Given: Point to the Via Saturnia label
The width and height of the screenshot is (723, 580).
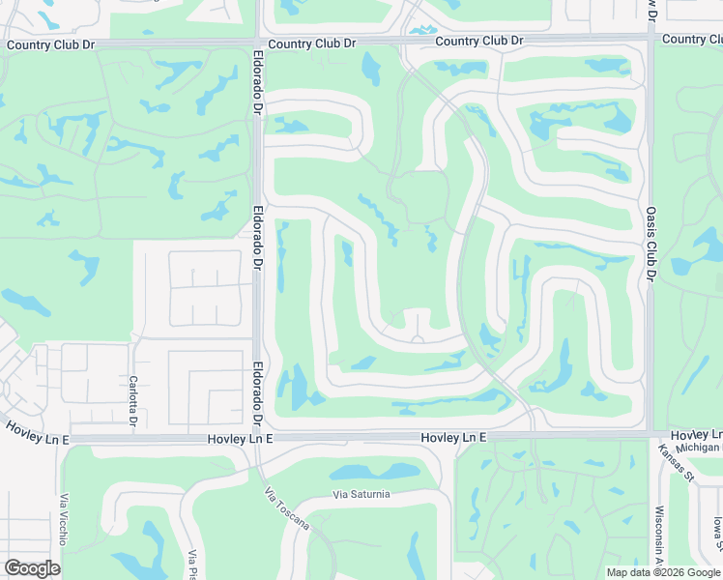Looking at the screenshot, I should [361, 495].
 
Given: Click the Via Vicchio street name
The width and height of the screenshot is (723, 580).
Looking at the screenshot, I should [64, 517].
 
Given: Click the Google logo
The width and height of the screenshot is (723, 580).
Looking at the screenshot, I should [32, 568].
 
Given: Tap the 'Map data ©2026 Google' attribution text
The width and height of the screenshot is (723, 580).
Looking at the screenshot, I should [663, 572].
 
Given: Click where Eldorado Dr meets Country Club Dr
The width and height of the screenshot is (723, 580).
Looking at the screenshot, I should [258, 43].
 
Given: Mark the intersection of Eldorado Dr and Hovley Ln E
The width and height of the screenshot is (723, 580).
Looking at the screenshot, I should [258, 438].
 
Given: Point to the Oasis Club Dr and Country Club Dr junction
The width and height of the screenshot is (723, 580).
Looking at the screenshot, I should [650, 40].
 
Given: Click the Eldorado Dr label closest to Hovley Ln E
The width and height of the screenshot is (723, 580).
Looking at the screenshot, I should [258, 393].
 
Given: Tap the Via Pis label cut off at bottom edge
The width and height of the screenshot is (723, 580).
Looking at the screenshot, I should [192, 564].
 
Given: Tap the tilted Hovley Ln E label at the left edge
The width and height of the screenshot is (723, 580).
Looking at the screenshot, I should [36, 432].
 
